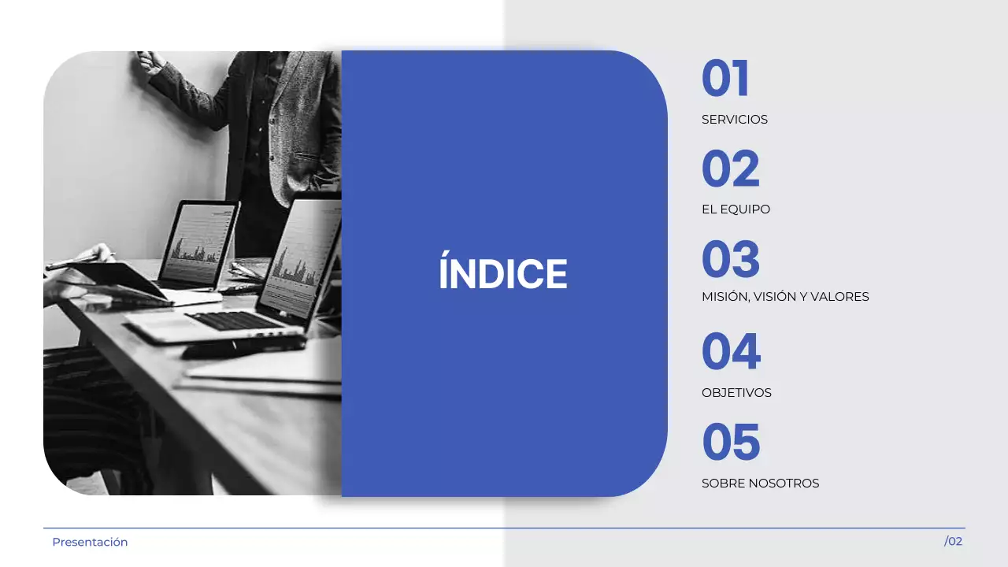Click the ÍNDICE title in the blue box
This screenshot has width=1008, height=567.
tap(502, 274)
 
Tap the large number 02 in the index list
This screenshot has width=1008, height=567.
tap(731, 169)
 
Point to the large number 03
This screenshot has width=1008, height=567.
tap(731, 260)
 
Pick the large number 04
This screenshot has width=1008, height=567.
tap(731, 351)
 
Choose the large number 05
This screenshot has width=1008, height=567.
tap(731, 442)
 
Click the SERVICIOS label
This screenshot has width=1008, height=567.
tap(734, 120)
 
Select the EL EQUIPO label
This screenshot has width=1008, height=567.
tap(736, 209)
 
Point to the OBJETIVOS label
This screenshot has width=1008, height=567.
tap(736, 392)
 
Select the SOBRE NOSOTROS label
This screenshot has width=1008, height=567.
tap(760, 484)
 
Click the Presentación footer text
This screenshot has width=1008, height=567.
tap(90, 542)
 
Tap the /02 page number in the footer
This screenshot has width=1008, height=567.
tap(953, 541)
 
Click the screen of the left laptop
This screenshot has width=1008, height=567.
tap(198, 242)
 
